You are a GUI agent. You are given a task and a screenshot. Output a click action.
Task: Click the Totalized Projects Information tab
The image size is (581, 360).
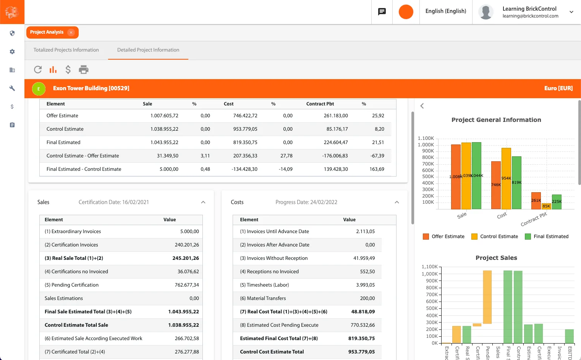point(66,50)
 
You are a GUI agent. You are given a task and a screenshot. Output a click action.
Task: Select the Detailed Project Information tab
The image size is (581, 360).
point(148,50)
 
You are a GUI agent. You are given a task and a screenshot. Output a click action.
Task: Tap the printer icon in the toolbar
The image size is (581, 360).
point(84,70)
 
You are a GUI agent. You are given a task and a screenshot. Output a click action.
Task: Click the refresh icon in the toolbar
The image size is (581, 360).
point(38,70)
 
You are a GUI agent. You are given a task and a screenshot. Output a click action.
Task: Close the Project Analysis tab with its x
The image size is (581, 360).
point(71,32)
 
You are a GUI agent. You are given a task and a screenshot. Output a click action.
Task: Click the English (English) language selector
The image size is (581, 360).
point(446,11)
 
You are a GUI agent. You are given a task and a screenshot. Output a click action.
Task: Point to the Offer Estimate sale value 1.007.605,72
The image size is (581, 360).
point(164,116)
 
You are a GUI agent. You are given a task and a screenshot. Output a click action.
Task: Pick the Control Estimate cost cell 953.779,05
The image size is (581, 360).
point(245,129)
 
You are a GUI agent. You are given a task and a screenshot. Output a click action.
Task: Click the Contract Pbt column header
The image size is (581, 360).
point(320,104)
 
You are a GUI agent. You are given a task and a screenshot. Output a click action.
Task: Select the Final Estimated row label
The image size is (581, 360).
point(63,143)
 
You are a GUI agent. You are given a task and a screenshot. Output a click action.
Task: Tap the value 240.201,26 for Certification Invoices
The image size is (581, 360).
point(187,245)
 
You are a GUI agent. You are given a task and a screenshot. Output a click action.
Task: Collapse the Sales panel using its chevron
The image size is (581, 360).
point(203,202)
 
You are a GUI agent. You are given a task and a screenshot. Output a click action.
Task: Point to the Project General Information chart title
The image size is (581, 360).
point(496,120)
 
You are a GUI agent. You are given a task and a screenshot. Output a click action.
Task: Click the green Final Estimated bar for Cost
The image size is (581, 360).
point(516,182)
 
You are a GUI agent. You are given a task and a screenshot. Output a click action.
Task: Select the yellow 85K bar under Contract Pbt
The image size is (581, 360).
point(546,206)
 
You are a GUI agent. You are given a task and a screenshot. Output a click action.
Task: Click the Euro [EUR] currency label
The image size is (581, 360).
point(558,88)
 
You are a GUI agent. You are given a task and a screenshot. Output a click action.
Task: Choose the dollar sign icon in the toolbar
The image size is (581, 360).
point(68,70)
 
